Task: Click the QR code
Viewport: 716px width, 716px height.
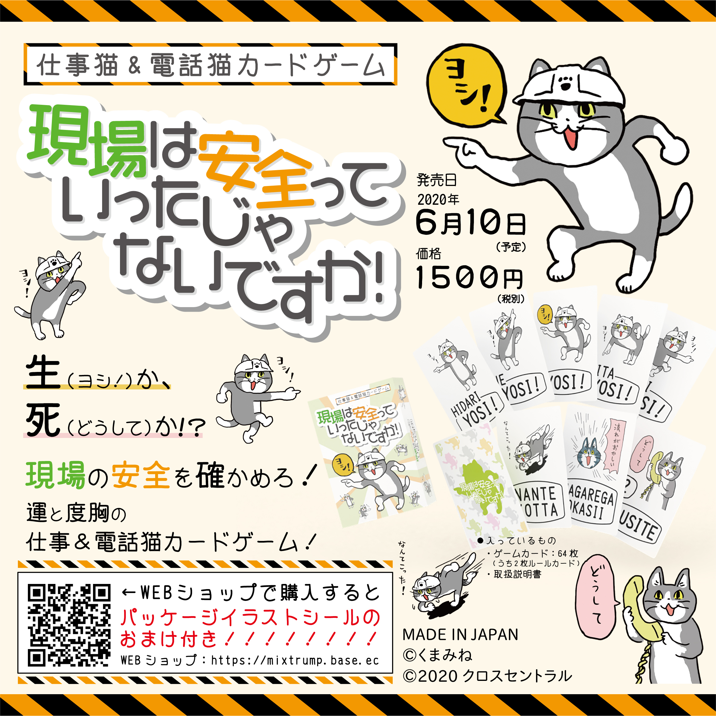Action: click(x=69, y=625)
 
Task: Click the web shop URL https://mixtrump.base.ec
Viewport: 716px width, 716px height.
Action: click(x=295, y=660)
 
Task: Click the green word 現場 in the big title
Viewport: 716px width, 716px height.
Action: click(x=87, y=141)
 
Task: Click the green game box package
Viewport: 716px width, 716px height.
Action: click(x=371, y=452)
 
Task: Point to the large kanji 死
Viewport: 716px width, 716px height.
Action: click(x=43, y=419)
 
